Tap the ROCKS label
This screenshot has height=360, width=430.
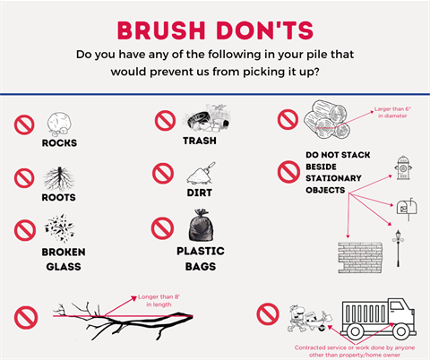(59, 142)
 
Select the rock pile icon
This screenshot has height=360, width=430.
(58, 123)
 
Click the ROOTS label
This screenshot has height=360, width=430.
(58, 196)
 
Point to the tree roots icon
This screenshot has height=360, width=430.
(59, 176)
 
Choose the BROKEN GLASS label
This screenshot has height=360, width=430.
(63, 258)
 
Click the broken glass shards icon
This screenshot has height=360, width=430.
(61, 227)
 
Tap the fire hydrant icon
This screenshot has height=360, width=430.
(403, 167)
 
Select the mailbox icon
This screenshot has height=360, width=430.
(404, 208)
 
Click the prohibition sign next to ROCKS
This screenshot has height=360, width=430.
(24, 124)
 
